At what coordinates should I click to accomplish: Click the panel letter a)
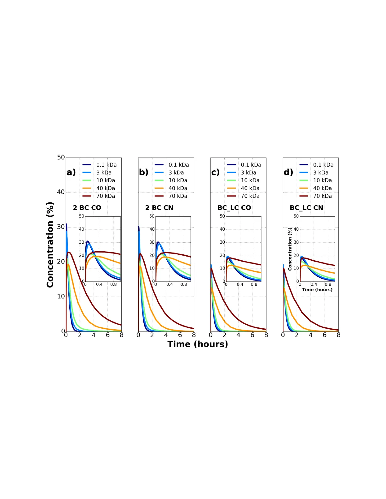click(71, 172)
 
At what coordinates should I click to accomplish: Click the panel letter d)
click(288, 172)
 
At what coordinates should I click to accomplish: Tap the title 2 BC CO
click(87, 208)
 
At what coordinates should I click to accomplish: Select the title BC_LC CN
click(306, 208)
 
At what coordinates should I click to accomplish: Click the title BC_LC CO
click(234, 208)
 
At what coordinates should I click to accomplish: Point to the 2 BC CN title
click(159, 208)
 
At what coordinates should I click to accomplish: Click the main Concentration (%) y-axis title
click(50, 245)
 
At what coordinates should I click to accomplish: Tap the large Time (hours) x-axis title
click(198, 344)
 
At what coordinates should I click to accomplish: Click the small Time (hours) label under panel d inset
click(317, 290)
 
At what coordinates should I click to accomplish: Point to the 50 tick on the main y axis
click(61, 157)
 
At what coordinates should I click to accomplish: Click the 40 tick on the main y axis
click(61, 192)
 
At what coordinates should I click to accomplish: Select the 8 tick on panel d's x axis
click(338, 335)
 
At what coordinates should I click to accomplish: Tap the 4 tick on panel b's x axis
click(166, 335)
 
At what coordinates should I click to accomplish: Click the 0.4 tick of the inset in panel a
click(99, 285)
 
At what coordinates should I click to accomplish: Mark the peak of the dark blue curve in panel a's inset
click(88, 241)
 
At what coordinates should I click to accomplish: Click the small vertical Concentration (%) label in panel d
click(290, 249)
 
